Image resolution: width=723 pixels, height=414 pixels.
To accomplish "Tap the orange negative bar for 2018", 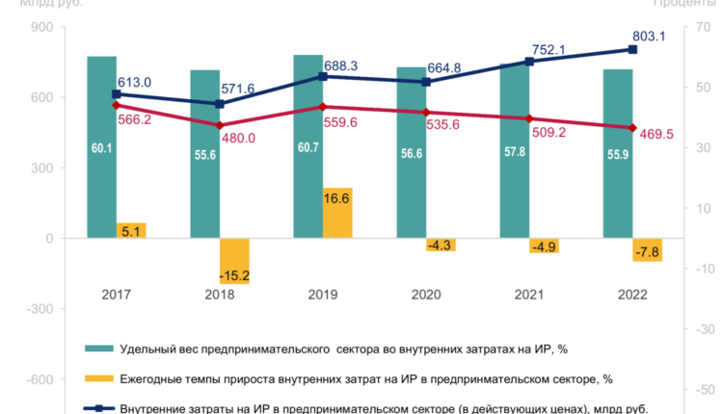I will tap(234, 260).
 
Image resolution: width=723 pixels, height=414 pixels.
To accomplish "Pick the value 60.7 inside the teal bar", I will tap(308, 148).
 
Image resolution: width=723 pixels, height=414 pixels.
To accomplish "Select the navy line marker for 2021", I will tap(529, 61).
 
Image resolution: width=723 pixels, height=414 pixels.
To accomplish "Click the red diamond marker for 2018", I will tap(219, 125).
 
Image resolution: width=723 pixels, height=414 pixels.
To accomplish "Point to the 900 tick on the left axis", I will tap(40, 27).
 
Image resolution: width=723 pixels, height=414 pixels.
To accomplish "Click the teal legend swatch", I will tap(96, 348).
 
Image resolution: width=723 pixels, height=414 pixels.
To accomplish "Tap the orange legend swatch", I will tap(96, 378).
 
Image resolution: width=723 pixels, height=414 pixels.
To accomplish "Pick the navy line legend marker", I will tap(96, 409).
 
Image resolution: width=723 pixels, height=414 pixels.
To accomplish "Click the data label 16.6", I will tap(337, 198).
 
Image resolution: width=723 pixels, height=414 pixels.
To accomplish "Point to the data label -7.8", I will tap(648, 252).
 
